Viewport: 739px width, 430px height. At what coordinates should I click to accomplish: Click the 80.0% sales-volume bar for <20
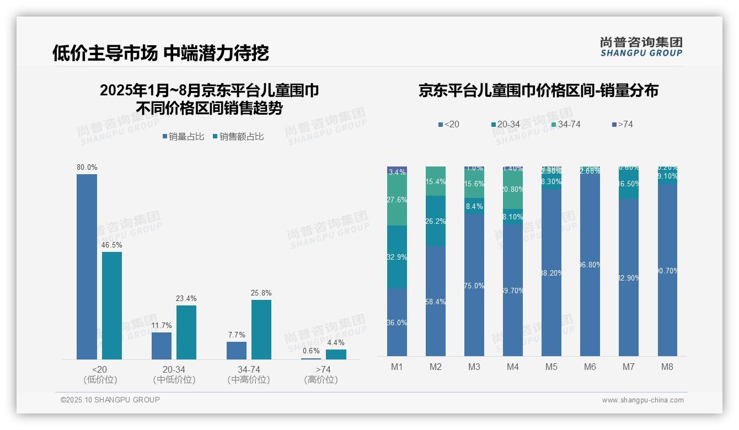[x=87, y=267]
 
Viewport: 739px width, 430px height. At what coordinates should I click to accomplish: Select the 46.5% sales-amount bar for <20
[x=112, y=305]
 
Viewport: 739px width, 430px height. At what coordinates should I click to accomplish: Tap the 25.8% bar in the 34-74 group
[x=261, y=330]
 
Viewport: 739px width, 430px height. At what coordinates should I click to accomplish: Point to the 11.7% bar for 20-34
[x=162, y=346]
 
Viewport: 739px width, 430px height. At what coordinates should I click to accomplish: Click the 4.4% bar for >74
[x=336, y=354]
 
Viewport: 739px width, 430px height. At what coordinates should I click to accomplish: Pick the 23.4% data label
[x=186, y=298]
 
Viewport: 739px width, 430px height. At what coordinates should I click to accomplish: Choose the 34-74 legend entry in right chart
[x=565, y=125]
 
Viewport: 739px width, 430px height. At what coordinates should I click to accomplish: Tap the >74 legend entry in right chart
[x=622, y=125]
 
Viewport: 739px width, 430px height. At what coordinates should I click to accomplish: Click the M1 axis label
[x=397, y=367]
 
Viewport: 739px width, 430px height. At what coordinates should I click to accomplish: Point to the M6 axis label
[x=590, y=367]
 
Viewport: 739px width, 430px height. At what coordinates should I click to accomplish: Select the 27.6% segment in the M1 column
[x=397, y=201]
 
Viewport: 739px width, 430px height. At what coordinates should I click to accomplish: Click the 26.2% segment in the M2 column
[x=435, y=221]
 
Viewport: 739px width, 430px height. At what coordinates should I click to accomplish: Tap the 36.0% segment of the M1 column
[x=397, y=322]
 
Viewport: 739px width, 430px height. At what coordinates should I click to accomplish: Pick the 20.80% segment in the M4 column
[x=512, y=190]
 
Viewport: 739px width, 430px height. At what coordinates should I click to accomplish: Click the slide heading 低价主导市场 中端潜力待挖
[x=160, y=53]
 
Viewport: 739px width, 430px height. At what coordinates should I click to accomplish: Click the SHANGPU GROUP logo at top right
[x=641, y=47]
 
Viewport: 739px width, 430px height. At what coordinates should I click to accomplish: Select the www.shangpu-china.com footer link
[x=642, y=400]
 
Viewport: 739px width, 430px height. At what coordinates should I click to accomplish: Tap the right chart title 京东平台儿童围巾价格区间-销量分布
[x=538, y=91]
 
